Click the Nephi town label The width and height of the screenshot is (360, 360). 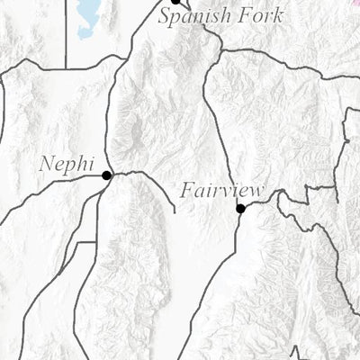(66, 165)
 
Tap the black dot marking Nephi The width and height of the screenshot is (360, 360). (107, 175)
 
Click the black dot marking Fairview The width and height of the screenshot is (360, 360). (240, 209)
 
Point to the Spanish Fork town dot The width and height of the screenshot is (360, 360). (176, 2)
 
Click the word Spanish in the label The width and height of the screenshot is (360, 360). (195, 16)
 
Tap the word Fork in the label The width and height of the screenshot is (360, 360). (261, 15)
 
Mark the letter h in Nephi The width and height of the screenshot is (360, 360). (80, 164)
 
